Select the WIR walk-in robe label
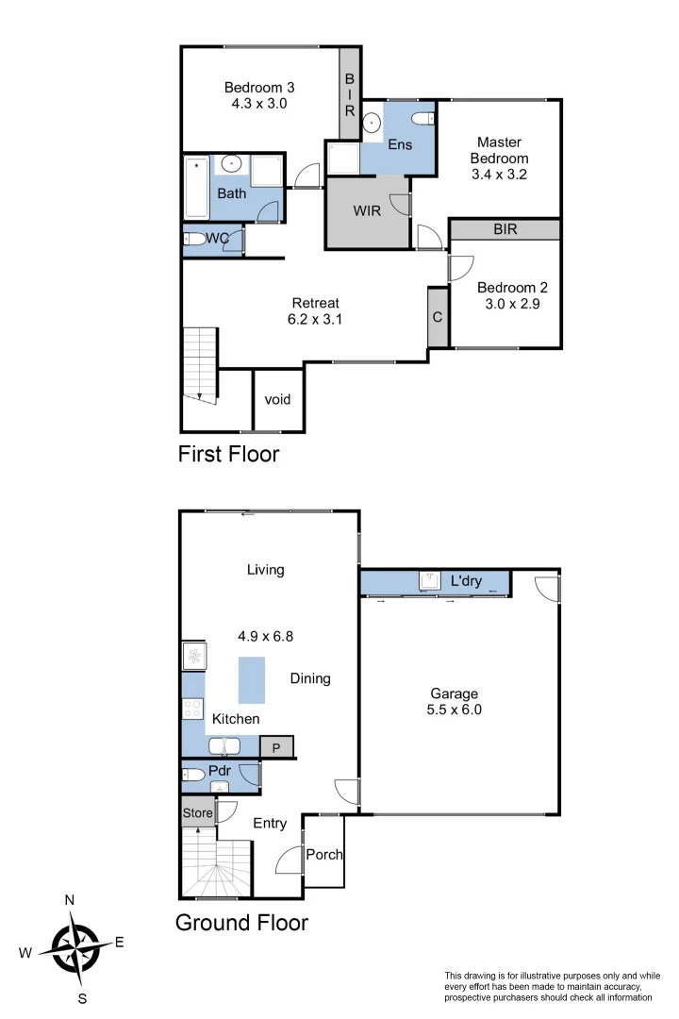coord(367,210)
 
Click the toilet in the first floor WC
coord(194,239)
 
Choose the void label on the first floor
coord(277,399)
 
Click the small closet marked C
coord(438,317)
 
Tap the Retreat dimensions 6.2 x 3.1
coord(314,319)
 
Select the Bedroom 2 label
coord(511,288)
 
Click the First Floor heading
coord(228,454)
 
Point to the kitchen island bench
coord(252,679)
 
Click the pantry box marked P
coord(276,747)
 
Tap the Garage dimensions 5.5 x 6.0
coord(455,710)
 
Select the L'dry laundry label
coord(466,581)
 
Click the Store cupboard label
coord(197,811)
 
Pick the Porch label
coord(324,855)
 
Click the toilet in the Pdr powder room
coord(194,776)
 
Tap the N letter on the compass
coord(70,900)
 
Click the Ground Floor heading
coord(241,922)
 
